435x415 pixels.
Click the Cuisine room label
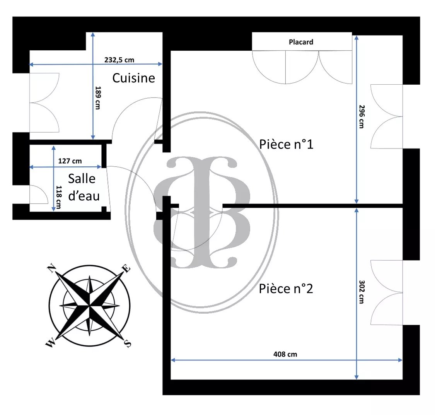pos(133,78)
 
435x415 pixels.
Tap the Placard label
pos(301,42)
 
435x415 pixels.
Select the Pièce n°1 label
pos(286,144)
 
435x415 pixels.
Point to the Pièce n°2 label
pos(286,289)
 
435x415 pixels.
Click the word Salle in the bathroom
pos(82,179)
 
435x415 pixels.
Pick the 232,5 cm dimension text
pos(119,60)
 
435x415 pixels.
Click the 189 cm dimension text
pos(98,97)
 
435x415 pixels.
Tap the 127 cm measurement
pos(70,161)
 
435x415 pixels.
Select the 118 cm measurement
pos(58,197)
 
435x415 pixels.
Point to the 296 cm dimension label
pos(362,116)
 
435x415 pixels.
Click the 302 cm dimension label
pos(362,292)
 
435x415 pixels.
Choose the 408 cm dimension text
pos(285,354)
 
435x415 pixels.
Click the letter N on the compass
pos(51,268)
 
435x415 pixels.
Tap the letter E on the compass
pos(126,269)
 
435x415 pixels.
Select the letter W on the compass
pos(50,344)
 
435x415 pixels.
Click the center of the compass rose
pos(89,306)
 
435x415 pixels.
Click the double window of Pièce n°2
pos(387,292)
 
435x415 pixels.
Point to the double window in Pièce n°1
pos(387,116)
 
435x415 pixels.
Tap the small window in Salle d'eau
pos(39,195)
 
